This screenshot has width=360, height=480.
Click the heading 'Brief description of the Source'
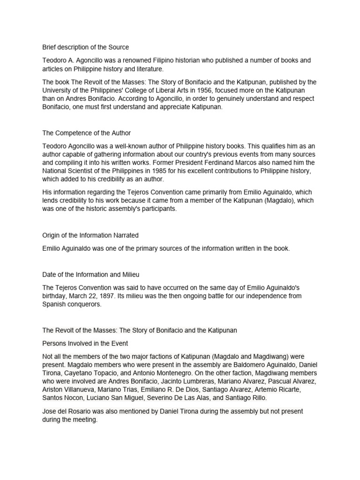[x=85, y=47]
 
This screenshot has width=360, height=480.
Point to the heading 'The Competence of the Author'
[x=87, y=133]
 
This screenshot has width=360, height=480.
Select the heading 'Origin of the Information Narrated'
[x=90, y=235]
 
